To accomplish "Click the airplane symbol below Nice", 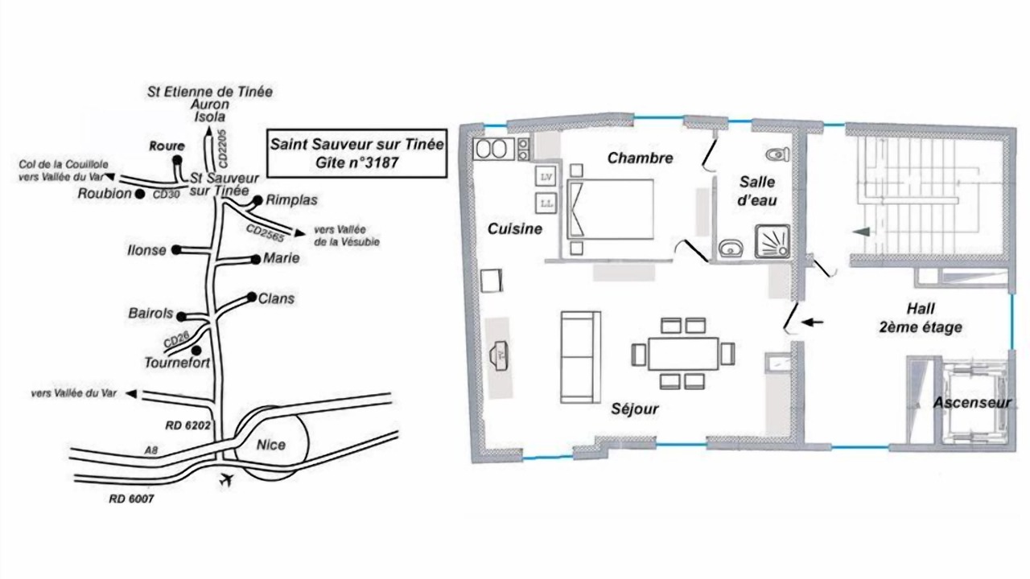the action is [x=225, y=480].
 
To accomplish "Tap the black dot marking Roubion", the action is [x=140, y=195].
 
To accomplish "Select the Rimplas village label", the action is [x=291, y=200].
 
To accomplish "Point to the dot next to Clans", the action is [x=252, y=297].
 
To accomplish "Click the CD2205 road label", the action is [x=223, y=148].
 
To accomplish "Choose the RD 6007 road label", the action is [x=131, y=499].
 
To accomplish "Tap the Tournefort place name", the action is [x=177, y=363].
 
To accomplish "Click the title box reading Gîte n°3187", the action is [x=356, y=154].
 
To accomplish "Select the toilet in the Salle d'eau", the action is [x=777, y=154].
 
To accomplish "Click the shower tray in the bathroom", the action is [x=772, y=241].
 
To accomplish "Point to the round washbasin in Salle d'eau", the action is [x=731, y=248].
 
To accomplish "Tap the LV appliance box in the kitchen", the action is [x=546, y=177].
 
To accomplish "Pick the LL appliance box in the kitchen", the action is [x=546, y=203].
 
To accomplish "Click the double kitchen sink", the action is [x=494, y=149].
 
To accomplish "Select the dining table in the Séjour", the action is [x=683, y=354].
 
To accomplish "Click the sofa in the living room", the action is [x=581, y=357].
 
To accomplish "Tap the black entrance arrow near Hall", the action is [x=812, y=322].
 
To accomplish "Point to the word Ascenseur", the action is [x=972, y=403].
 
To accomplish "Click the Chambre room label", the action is [x=640, y=158].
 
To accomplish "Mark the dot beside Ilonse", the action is [x=176, y=249].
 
